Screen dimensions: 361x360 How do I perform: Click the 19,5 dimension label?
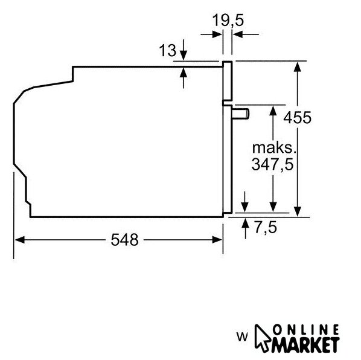coord(228,20)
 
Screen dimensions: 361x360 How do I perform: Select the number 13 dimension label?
coord(167,51)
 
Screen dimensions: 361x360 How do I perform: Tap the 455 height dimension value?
coord(297,117)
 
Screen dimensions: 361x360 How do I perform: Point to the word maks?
coord(274,148)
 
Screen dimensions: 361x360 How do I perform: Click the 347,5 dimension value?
coord(273,164)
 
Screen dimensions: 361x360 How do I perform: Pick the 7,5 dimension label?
coord(266,228)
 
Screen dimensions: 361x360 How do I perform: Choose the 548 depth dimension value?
coord(124,240)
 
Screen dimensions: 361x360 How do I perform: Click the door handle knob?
coord(240,114)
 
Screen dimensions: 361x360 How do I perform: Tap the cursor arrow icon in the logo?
coord(262,338)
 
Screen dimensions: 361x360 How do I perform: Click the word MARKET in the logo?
coord(305,344)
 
